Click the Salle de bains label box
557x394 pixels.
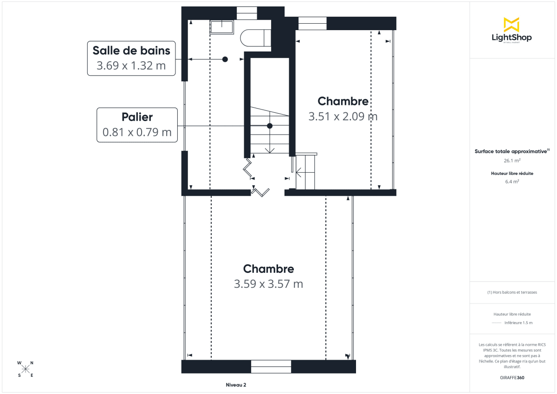click(x=131, y=58)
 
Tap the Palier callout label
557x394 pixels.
click(x=137, y=125)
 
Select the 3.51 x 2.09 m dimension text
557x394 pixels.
click(x=343, y=116)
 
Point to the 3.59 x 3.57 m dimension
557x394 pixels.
click(x=268, y=284)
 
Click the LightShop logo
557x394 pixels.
click(x=511, y=30)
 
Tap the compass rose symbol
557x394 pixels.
click(x=26, y=369)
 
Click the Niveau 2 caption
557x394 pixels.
click(x=236, y=385)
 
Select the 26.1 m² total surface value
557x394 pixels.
click(x=512, y=160)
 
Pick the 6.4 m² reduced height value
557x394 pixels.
click(x=512, y=181)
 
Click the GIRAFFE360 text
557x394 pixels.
click(x=512, y=378)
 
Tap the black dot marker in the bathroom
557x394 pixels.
click(x=225, y=59)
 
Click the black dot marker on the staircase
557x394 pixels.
click(x=270, y=126)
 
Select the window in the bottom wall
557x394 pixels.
click(x=271, y=366)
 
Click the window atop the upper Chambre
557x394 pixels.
click(x=312, y=23)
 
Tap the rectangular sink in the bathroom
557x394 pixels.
click(x=222, y=27)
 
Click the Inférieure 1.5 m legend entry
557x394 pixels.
click(x=518, y=323)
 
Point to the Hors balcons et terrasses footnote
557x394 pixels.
click(x=512, y=292)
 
